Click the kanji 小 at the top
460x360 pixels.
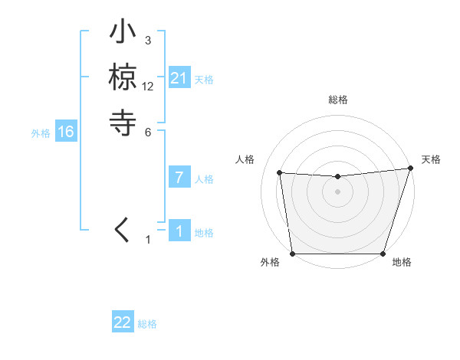123,34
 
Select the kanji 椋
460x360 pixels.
123,77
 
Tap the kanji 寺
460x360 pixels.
123,122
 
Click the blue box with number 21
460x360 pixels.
179,78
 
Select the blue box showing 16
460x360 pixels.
66,132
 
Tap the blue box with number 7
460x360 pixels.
179,178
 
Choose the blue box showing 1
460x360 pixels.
179,231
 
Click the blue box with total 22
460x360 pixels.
123,322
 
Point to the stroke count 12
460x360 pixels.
148,87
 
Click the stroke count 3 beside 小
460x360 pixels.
148,41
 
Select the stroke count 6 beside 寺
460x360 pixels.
148,132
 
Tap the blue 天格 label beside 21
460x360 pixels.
204,79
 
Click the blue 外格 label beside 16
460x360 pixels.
41,133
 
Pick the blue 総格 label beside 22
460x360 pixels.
147,323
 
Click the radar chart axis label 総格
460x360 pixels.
337,100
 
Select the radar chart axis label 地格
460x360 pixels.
402,262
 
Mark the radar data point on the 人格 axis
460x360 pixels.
280,173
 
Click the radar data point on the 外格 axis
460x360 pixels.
292,254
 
